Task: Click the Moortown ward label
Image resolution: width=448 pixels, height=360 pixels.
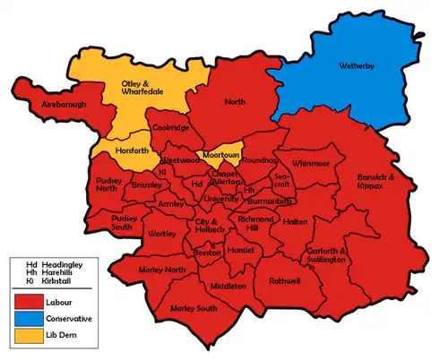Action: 220,155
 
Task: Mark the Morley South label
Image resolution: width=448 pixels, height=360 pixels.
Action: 194,309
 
